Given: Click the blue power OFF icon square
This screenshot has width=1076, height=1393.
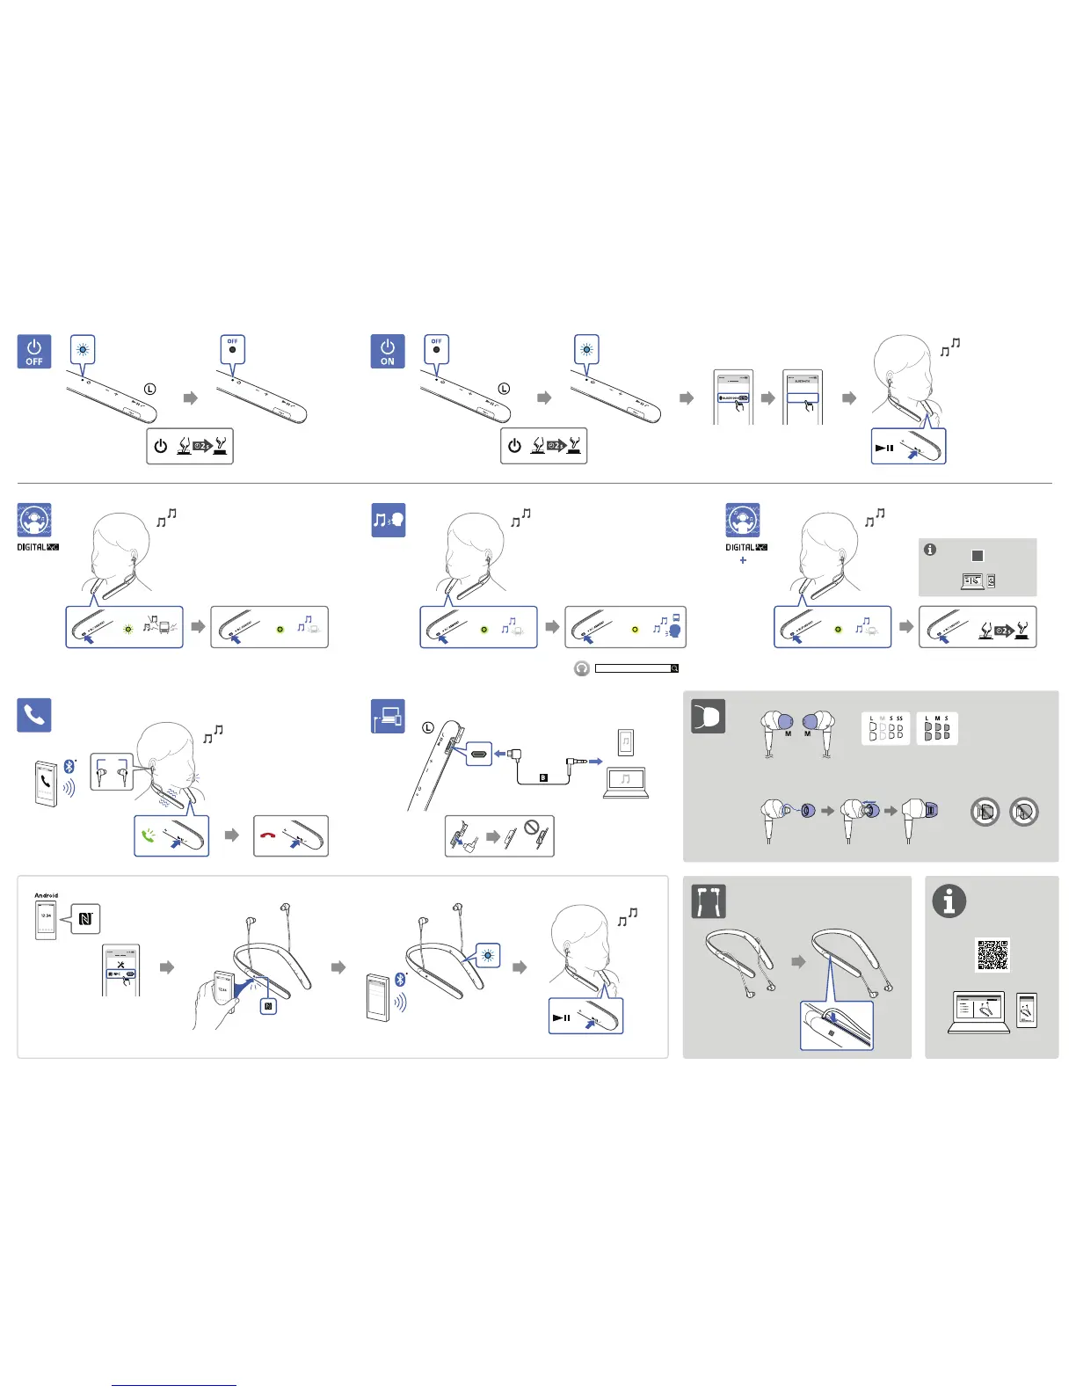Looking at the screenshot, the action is coord(34,351).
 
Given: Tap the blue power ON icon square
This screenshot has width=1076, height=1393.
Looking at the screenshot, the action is coord(388,351).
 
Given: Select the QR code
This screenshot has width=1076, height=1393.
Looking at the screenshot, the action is coord(992,954).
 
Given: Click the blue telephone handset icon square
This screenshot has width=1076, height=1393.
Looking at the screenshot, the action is coord(34,714).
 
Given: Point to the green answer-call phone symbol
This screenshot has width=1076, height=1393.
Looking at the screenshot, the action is coord(148,835).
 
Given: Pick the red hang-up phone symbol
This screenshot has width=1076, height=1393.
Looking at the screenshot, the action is coord(267,835).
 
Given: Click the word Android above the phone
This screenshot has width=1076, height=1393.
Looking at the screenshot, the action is coord(46,895).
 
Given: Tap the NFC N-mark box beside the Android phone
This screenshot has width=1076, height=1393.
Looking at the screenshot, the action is coord(85,919).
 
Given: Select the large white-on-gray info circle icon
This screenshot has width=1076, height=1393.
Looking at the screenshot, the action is coord(949,901).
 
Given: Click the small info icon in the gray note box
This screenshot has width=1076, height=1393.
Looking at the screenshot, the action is coord(930,550).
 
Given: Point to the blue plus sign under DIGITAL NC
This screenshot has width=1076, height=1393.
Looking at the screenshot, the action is coord(743,560).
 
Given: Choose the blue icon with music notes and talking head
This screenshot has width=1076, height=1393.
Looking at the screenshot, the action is coord(388,520).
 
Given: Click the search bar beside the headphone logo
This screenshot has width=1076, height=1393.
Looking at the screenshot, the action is coord(633,668).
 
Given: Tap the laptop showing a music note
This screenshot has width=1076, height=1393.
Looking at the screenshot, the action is coord(625,782).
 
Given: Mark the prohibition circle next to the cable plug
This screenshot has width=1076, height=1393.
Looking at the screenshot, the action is coord(531,828).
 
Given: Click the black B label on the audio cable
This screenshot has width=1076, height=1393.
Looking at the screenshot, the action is coord(543,777).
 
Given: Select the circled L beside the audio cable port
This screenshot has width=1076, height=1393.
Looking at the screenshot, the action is coord(428,727).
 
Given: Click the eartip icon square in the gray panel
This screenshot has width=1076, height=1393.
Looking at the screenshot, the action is coord(708,716).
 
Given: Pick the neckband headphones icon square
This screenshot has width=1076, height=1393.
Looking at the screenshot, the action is coord(708,901).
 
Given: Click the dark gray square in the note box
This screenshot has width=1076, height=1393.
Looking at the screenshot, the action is coord(977,556).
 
